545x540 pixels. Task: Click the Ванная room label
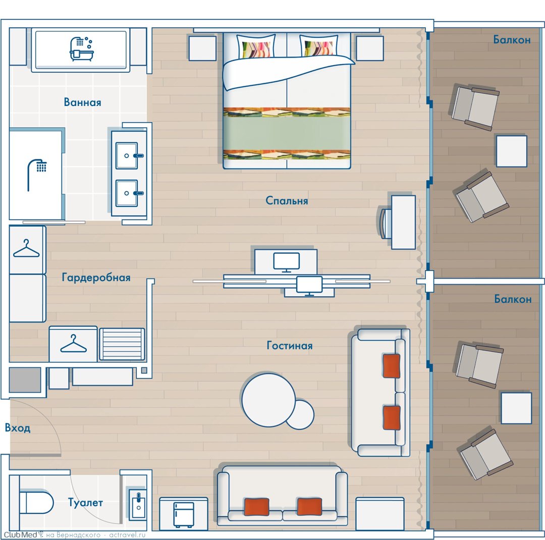(82, 102)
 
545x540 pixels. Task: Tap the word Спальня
(287, 201)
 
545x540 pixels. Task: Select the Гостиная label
(290, 345)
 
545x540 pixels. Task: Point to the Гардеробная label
(96, 278)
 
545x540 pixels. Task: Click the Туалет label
(85, 503)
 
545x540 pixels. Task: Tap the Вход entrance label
(17, 427)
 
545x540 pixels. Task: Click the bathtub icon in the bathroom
(82, 49)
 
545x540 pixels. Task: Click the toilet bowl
(36, 502)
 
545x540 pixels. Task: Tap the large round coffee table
(268, 400)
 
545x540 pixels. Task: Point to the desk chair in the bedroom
(386, 223)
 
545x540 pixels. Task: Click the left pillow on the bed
(256, 46)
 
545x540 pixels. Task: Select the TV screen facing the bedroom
(287, 262)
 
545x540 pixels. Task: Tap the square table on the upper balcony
(512, 151)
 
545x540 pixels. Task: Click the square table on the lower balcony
(516, 408)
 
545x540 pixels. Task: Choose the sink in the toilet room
(138, 504)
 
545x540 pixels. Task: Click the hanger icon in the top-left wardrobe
(26, 249)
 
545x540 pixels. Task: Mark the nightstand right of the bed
(370, 48)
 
